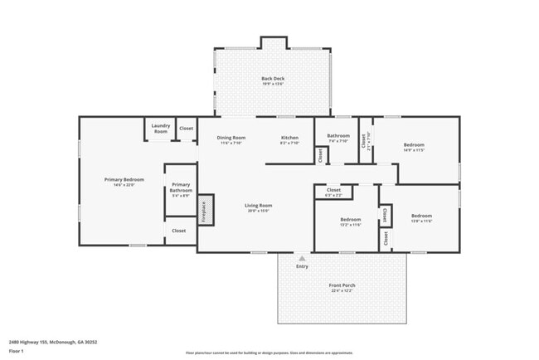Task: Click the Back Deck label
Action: tap(273, 79)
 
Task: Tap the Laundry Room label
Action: tap(160, 129)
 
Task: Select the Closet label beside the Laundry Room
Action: tap(186, 129)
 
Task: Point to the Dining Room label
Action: tap(231, 138)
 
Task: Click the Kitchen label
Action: tap(289, 138)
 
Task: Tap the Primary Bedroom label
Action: tap(124, 180)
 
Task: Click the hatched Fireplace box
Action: tap(205, 210)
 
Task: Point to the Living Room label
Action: tap(258, 206)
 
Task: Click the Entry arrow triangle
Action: tap(302, 258)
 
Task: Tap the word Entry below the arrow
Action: tap(302, 266)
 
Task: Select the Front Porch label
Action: tap(342, 286)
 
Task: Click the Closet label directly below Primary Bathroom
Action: tap(178, 231)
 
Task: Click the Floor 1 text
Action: tap(17, 351)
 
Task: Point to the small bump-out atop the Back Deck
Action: tap(273, 42)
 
